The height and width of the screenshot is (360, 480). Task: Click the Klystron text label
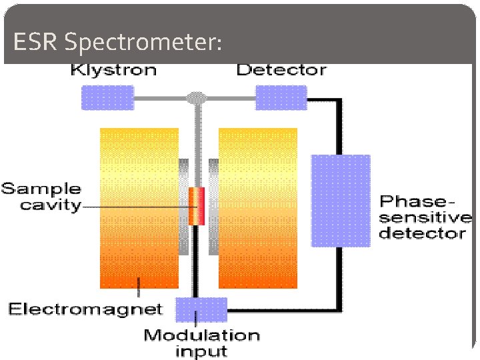point(114,69)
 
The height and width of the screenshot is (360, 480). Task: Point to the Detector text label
point(281,69)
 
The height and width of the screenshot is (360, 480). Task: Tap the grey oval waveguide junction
point(195,98)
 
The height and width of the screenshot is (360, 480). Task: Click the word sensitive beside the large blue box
point(425,217)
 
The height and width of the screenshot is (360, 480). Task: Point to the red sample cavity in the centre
point(196,206)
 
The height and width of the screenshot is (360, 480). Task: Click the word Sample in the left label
point(41,189)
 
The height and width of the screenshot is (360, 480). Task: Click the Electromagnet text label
point(85,309)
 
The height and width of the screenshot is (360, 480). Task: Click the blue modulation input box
point(201,309)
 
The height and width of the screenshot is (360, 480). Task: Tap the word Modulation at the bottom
point(201,335)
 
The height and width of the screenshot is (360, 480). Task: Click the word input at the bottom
point(201,351)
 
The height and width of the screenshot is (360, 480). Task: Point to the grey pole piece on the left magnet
point(183,207)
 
